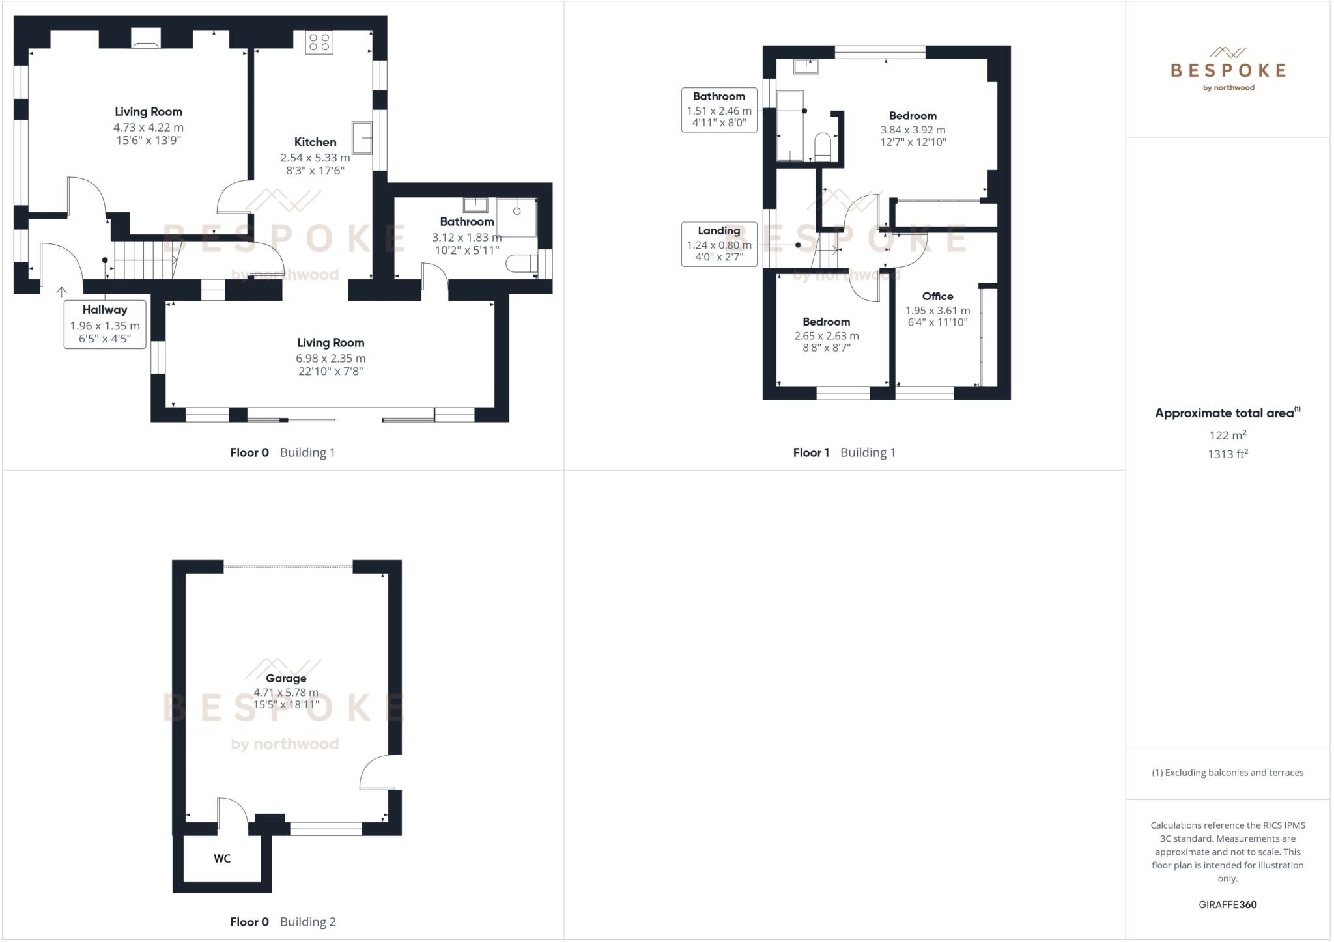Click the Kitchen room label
click(315, 142)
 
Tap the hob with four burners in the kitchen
click(319, 42)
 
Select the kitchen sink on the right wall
click(362, 137)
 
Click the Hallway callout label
click(105, 310)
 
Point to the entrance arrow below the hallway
click(62, 292)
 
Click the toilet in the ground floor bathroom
click(523, 264)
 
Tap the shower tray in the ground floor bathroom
click(517, 217)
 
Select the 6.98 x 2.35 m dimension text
click(330, 358)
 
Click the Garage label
click(286, 678)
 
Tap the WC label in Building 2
click(222, 859)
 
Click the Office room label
click(937, 296)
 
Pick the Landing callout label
click(719, 230)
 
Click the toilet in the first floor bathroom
click(823, 146)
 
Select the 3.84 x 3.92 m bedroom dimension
click(913, 130)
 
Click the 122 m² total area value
click(1227, 435)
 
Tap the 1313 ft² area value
click(1227, 454)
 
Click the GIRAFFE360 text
click(1227, 904)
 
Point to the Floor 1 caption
click(811, 452)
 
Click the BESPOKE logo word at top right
click(1228, 70)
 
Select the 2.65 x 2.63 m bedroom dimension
click(826, 336)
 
